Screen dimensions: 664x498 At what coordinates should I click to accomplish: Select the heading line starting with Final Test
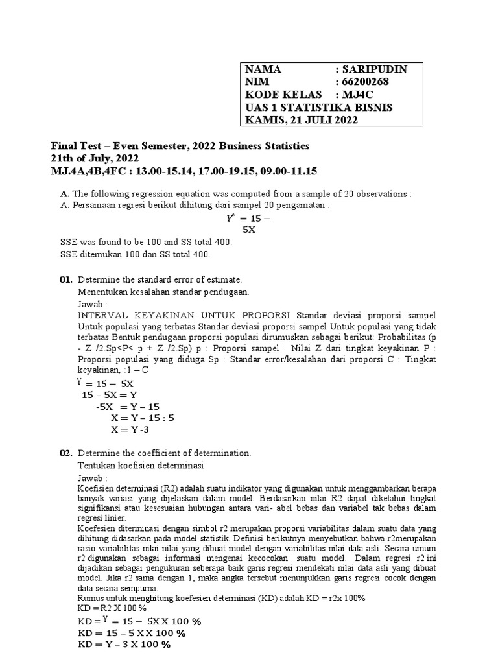[x=180, y=146]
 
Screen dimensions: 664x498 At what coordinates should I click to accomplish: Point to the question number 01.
[x=65, y=279]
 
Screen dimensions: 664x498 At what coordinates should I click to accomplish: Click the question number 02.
[x=65, y=453]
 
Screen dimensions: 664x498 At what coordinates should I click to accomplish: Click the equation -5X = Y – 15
[x=128, y=407]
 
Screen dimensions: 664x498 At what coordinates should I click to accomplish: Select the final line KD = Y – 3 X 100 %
[x=124, y=645]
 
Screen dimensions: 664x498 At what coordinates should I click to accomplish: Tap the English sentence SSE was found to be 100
[x=145, y=242]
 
